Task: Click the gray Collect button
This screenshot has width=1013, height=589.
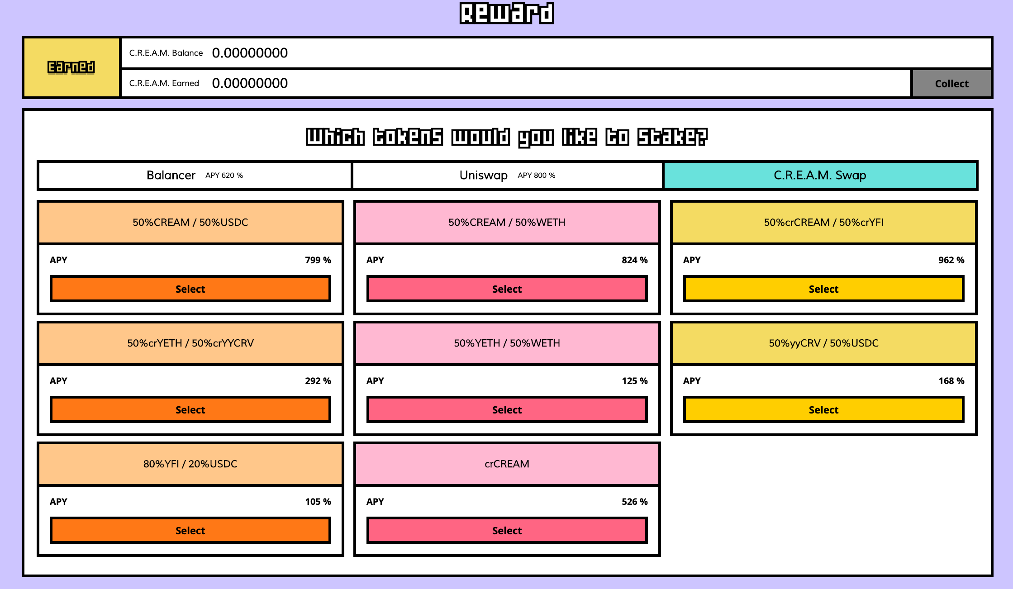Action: pyautogui.click(x=951, y=84)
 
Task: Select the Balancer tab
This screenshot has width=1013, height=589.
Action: pyautogui.click(x=195, y=175)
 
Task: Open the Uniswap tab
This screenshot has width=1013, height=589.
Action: pyautogui.click(x=507, y=175)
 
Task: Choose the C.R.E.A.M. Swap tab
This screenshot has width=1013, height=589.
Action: pyautogui.click(x=820, y=175)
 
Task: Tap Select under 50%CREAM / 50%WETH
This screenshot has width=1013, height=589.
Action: pyautogui.click(x=507, y=289)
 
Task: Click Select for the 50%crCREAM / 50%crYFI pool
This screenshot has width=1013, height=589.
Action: pyautogui.click(x=823, y=289)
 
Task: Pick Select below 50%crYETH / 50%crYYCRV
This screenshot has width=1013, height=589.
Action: pyautogui.click(x=190, y=410)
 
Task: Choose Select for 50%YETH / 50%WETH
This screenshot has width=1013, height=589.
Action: pyautogui.click(x=507, y=410)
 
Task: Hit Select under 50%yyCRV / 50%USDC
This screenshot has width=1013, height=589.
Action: pyautogui.click(x=823, y=410)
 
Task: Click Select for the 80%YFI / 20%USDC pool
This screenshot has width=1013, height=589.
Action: pyautogui.click(x=190, y=531)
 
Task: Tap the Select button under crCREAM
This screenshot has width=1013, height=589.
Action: pyautogui.click(x=507, y=531)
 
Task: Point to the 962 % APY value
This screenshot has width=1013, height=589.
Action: pyautogui.click(x=951, y=260)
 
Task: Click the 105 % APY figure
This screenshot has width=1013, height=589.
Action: pyautogui.click(x=318, y=502)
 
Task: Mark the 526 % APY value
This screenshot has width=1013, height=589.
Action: pyautogui.click(x=634, y=502)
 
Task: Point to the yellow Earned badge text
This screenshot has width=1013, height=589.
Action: pyautogui.click(x=71, y=67)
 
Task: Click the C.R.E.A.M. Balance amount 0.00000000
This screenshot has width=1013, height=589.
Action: pyautogui.click(x=250, y=53)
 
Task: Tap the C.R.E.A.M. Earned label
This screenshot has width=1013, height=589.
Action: pyautogui.click(x=164, y=83)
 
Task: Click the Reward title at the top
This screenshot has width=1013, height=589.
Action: pyautogui.click(x=507, y=13)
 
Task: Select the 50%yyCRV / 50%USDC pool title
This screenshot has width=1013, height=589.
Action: pyautogui.click(x=823, y=343)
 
